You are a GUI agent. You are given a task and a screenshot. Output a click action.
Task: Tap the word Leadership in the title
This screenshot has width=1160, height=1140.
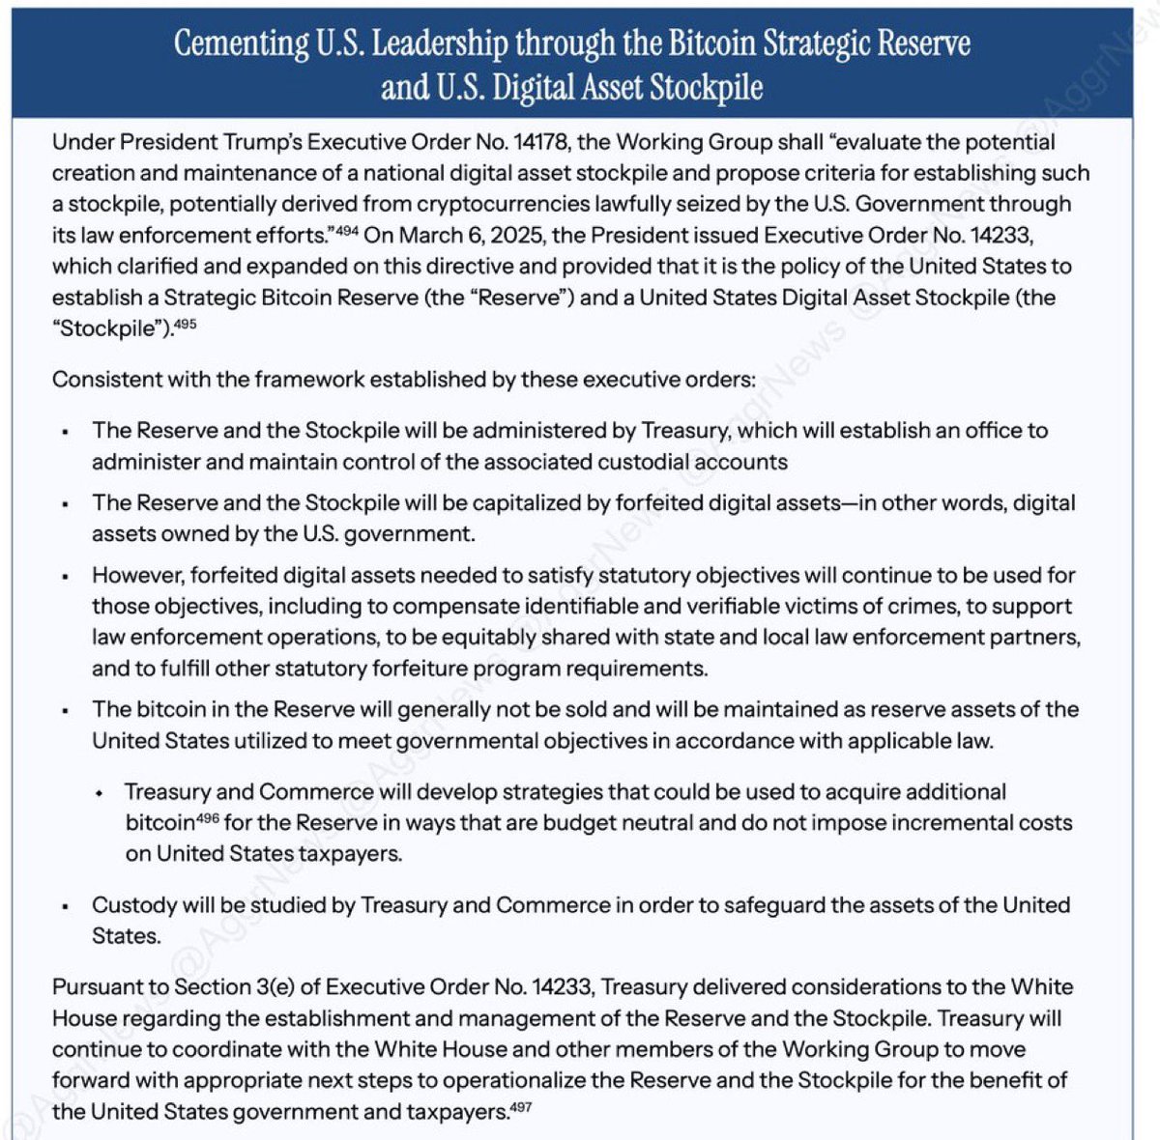(x=440, y=43)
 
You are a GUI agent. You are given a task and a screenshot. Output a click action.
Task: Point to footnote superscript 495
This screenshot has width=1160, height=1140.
(x=185, y=323)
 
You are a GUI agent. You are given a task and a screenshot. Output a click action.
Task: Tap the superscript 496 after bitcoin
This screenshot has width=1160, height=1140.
(x=208, y=817)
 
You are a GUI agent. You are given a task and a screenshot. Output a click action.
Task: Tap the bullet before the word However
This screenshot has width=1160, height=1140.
(x=65, y=577)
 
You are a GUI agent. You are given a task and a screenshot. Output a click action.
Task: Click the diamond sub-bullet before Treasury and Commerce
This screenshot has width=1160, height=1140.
(x=100, y=793)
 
